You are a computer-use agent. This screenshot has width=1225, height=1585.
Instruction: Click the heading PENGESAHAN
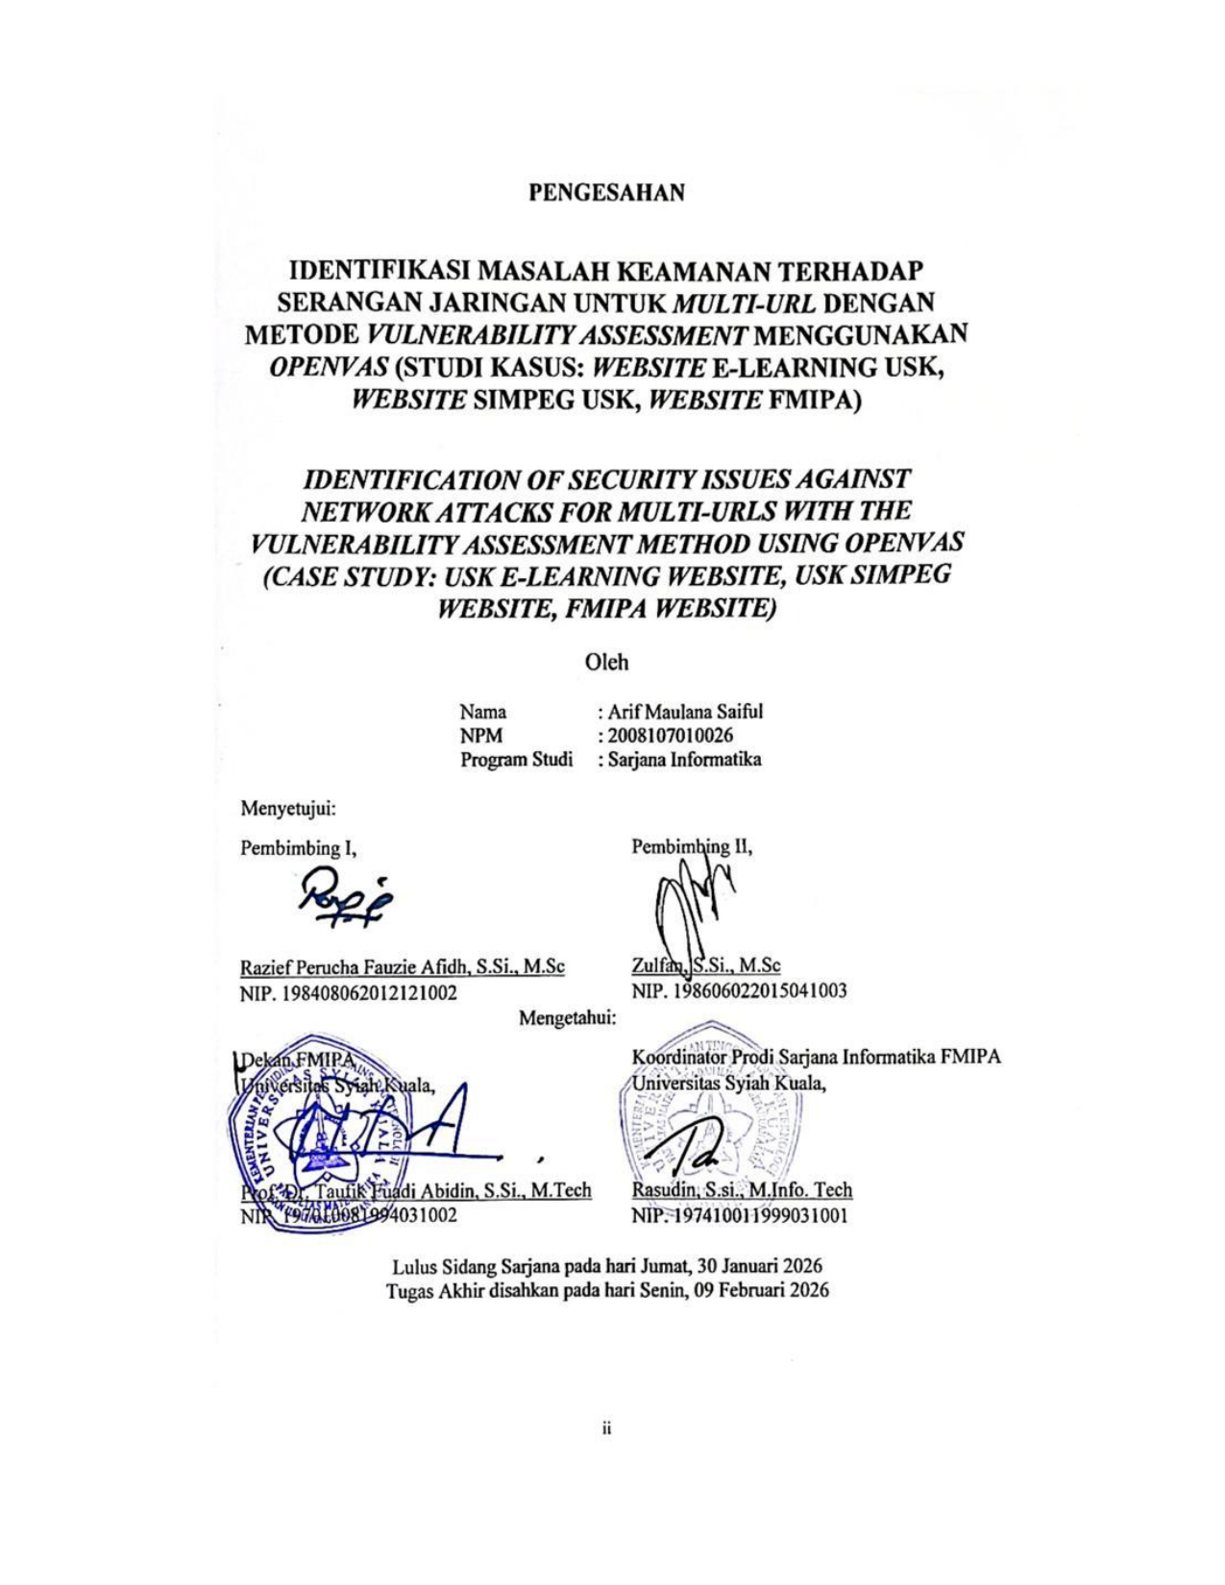coord(607,192)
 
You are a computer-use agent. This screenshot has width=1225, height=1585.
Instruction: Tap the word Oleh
coord(607,662)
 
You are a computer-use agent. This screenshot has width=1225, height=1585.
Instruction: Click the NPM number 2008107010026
coord(669,736)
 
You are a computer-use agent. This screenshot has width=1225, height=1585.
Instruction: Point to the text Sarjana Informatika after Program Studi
coord(682,760)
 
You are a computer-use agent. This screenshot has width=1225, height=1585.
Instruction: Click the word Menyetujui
coord(288,809)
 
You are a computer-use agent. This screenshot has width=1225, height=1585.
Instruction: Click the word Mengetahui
coord(568,1017)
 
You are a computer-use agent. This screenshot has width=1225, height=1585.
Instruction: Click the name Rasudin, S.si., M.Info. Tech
coord(742,1190)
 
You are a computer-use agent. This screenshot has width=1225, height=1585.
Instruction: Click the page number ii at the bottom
coord(607,1429)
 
